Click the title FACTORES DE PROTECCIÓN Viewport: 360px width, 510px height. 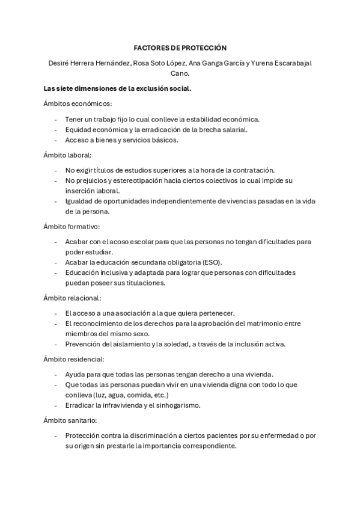click(180, 47)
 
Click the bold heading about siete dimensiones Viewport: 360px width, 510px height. click(118, 88)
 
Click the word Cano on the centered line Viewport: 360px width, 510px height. click(180, 73)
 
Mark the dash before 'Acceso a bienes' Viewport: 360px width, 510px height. click(56, 140)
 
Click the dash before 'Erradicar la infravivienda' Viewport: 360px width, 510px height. click(56, 405)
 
